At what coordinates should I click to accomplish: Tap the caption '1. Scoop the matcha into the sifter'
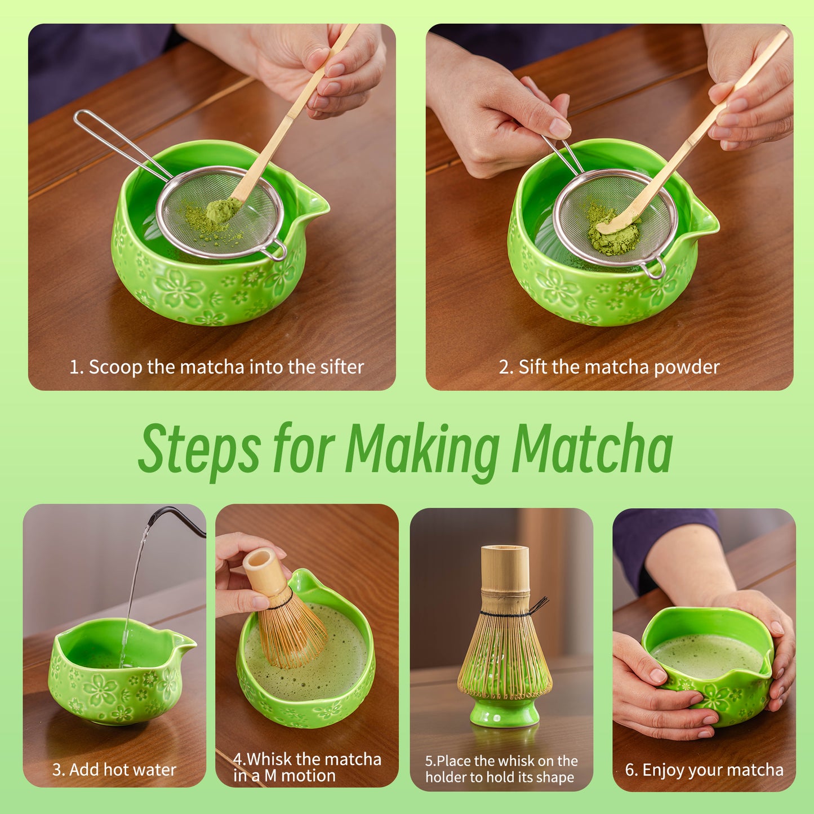pyautogui.click(x=216, y=367)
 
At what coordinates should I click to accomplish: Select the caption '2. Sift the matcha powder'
pyautogui.click(x=609, y=367)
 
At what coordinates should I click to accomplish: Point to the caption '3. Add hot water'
pyautogui.click(x=114, y=769)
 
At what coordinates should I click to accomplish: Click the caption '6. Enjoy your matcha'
pyautogui.click(x=704, y=770)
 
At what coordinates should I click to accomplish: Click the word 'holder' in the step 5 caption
pyautogui.click(x=446, y=777)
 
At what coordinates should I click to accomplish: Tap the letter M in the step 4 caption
pyautogui.click(x=270, y=776)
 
